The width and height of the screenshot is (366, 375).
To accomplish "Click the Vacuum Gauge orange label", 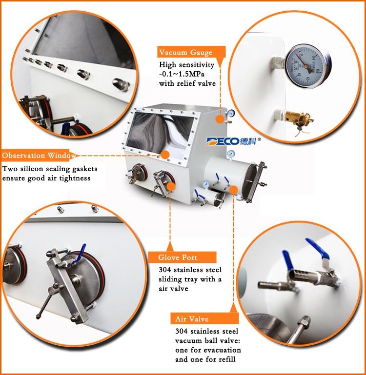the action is click(191, 52).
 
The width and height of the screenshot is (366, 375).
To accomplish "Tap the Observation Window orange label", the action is click(38, 156).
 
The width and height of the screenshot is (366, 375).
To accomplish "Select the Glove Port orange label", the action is click(182, 257).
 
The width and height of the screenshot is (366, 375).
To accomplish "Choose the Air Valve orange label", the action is click(204, 318).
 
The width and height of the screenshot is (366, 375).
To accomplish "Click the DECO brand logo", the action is click(234, 141).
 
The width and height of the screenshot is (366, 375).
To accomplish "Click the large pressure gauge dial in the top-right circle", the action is click(307, 66).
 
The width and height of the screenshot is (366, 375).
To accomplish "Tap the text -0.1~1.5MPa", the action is click(182, 74).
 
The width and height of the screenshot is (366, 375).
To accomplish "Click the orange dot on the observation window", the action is click(165, 155).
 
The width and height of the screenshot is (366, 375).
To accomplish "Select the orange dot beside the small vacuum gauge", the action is click(219, 119).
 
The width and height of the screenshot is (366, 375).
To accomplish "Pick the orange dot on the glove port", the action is click(170, 187).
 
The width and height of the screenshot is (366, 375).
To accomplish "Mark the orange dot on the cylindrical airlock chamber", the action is click(233, 190).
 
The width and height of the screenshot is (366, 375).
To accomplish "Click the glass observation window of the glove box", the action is click(160, 133).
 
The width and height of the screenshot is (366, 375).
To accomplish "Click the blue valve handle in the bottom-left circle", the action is click(80, 254).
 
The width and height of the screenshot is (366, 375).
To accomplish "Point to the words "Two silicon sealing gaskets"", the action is click(50, 169).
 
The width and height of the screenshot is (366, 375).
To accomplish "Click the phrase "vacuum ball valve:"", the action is click(207, 340).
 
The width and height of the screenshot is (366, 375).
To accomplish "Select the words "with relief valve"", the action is click(187, 83).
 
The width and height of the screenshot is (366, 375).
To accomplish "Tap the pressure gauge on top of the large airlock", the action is click(231, 154).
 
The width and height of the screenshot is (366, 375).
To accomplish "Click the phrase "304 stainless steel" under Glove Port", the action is click(190, 270).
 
